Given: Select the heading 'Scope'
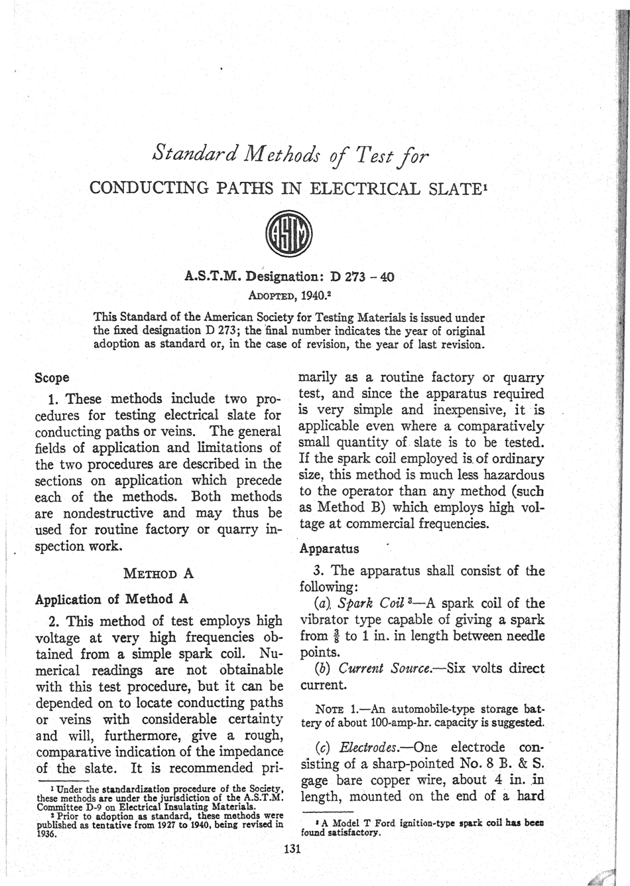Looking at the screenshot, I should [52, 378].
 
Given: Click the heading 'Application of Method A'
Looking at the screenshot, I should [111, 599].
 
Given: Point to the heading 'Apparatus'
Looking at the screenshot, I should [329, 549].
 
